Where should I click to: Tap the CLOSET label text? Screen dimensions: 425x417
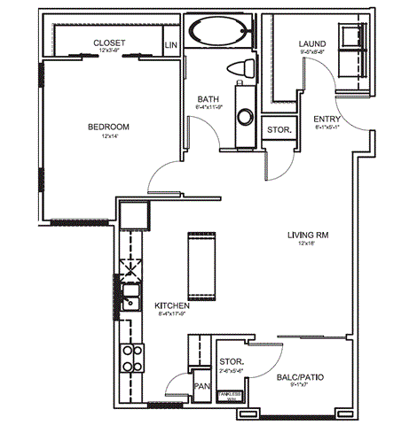pyautogui.click(x=109, y=42)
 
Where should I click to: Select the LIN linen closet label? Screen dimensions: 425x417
pyautogui.click(x=170, y=43)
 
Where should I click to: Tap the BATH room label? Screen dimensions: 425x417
pyautogui.click(x=209, y=99)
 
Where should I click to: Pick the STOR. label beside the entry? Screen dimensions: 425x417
pyautogui.click(x=278, y=129)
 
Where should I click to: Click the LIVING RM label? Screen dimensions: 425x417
pyautogui.click(x=307, y=234)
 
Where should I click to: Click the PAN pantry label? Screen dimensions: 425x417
pyautogui.click(x=201, y=386)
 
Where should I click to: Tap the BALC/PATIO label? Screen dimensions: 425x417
pyautogui.click(x=302, y=376)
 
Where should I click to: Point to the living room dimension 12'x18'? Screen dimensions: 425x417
pyautogui.click(x=307, y=243)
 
